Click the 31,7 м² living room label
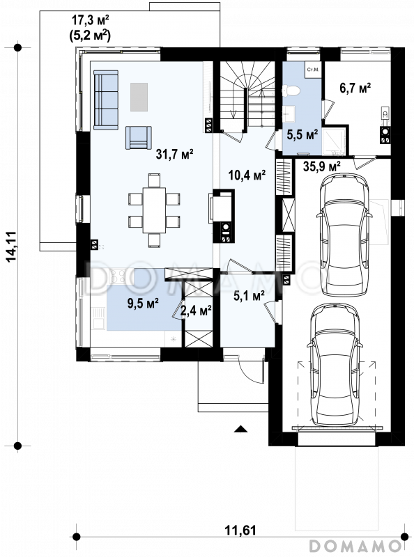175,154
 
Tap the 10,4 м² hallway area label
247,175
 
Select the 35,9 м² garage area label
322,166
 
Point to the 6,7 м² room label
355,88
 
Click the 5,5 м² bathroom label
302,134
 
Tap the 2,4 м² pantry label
197,311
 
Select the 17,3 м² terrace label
91,20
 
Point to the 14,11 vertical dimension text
11,246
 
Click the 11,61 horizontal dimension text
240,531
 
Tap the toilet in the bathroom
291,91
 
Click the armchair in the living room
139,137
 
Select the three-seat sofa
106,100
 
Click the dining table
154,210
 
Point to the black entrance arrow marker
240,429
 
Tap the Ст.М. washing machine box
313,69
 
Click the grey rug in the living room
139,97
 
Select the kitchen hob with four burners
117,276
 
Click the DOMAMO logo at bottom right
355,545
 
